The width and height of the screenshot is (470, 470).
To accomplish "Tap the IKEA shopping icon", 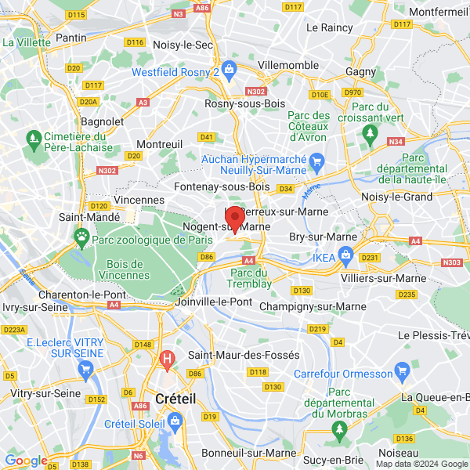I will tap(344, 256).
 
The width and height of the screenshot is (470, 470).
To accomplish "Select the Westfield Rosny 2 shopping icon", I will tap(229, 69).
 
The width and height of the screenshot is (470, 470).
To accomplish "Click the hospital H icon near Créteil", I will tap(166, 360).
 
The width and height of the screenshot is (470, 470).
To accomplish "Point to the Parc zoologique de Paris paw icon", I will tap(81, 235).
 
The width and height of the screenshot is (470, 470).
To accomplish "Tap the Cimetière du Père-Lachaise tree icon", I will tap(33, 140).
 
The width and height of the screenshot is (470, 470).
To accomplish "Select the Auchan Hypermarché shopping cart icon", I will tap(316, 163).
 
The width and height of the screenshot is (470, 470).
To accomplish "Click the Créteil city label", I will tap(177, 398).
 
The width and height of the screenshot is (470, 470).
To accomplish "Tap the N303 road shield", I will tap(452, 263).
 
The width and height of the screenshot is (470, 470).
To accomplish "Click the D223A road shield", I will tap(14, 330).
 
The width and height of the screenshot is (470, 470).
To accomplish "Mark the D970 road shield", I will tap(352, 92).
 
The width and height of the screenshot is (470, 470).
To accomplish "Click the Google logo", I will tap(26, 461).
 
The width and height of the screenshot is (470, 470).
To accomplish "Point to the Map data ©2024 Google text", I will tap(421, 464).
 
